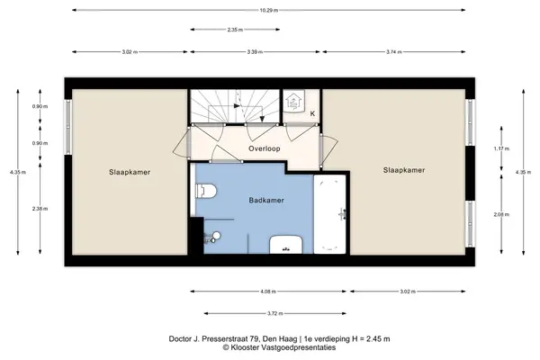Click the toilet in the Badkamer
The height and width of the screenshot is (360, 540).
point(206,191)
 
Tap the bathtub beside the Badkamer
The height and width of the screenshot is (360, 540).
point(329,214)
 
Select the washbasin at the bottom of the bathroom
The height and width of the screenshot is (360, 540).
point(286,245)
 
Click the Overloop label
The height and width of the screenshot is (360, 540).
point(265,148)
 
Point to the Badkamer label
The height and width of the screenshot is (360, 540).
point(266,200)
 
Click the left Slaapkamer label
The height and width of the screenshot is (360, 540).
point(130,172)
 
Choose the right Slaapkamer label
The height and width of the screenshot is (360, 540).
point(404,170)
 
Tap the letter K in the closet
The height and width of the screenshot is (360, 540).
point(312,113)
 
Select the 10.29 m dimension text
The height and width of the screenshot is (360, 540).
point(269,10)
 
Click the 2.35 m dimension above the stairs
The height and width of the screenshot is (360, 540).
point(235,30)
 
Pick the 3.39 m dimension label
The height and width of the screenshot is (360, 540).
point(255,52)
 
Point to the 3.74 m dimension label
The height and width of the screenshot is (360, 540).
point(394,52)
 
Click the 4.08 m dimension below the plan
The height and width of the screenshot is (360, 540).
point(268,292)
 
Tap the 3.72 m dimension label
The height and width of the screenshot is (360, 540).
point(275,313)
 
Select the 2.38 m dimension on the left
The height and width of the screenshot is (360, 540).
point(40,209)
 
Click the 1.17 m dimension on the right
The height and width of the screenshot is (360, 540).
point(501,148)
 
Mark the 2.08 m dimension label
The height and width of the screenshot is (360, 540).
point(501,214)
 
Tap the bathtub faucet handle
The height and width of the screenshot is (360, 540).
point(342,214)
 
